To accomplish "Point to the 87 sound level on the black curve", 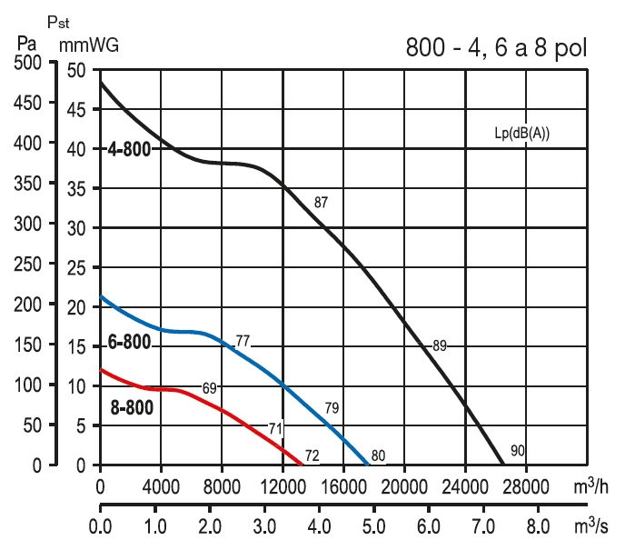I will point(321,203).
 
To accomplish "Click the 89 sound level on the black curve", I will point(440,345).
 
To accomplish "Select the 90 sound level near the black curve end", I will point(517,451).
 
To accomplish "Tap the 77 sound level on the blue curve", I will point(243,342).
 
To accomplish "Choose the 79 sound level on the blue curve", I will point(332,406).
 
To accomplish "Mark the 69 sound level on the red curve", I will point(209,388).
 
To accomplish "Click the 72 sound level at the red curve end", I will point(312,455).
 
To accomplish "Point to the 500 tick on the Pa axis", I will point(28,63).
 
